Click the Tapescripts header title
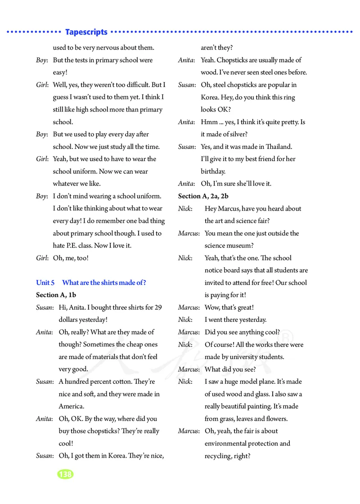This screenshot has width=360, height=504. pos(86,32)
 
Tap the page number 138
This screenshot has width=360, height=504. pos(65,474)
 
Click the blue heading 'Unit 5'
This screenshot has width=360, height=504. pos(45,283)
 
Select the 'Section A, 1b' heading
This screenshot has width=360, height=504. pos(56,295)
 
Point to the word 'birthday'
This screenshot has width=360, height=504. pos(213,171)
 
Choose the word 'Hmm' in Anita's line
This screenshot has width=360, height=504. pos(209,122)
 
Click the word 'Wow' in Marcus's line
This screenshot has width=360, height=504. pos(212,307)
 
